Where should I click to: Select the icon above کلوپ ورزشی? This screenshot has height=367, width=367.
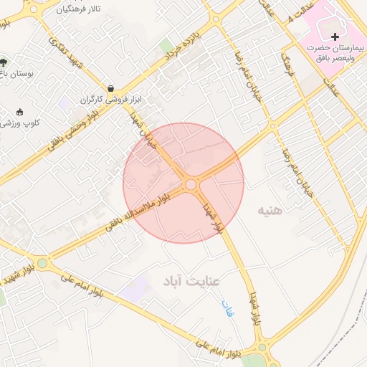(19, 111)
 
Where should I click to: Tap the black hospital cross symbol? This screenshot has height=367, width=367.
(335, 36)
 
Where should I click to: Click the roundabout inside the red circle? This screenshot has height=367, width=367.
(191, 185)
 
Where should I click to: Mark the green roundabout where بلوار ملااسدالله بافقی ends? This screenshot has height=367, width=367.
(42, 263)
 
